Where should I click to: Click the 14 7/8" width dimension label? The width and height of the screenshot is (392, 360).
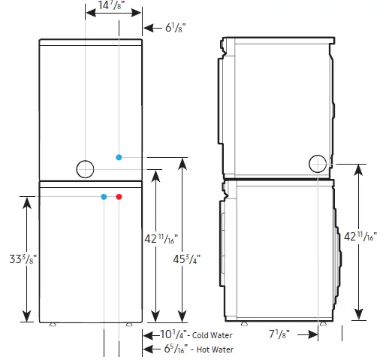111,8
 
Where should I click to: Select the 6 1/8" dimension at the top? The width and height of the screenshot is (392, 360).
176,29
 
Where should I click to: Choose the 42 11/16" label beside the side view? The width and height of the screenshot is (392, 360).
375,238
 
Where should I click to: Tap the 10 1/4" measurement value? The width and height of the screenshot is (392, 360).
173,334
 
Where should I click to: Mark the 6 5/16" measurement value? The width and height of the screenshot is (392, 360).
173,349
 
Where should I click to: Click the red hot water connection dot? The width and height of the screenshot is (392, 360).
119,197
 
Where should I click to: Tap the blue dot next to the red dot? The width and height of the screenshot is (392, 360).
104,197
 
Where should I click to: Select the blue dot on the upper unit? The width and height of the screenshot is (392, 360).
119,157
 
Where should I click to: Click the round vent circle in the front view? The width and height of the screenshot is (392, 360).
86,169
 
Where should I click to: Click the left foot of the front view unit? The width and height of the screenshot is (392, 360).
52,325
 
